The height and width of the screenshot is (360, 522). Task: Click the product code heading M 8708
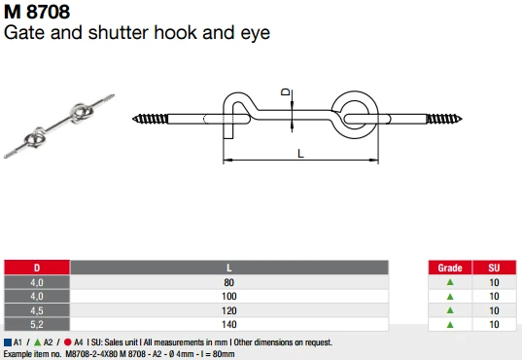38,13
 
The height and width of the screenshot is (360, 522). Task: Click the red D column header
37,267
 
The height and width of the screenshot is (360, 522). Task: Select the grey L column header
229,267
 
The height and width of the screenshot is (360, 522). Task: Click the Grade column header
449,267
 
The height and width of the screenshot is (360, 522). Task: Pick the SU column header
494,267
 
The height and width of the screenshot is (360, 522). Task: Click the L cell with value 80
229,282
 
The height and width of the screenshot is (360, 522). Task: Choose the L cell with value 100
229,295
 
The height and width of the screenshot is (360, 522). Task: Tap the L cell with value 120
229,309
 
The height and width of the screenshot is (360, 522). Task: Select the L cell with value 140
229,323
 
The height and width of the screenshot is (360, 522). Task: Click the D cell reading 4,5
37,309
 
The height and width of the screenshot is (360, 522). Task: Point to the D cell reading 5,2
37,323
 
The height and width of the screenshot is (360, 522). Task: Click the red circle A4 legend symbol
67,342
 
